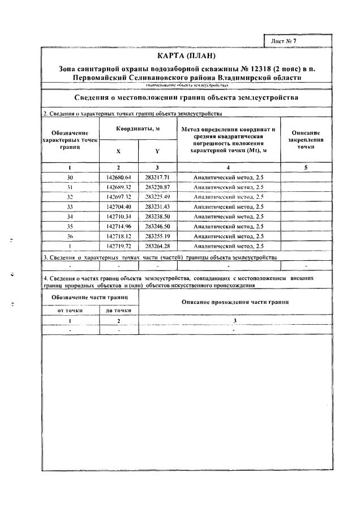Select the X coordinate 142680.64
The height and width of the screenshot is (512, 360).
point(118,177)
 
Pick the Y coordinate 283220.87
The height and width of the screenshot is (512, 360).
point(157,187)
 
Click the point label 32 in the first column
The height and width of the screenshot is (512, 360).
point(70,196)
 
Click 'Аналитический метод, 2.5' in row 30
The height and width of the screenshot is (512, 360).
point(228,177)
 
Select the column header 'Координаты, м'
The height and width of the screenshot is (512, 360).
point(138,129)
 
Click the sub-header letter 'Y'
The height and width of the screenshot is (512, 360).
point(157,152)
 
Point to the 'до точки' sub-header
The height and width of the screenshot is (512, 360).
point(118,311)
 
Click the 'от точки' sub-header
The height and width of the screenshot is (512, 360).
point(70,311)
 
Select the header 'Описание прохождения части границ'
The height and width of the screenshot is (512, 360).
point(235,303)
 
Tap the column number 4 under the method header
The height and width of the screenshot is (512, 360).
point(228,167)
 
